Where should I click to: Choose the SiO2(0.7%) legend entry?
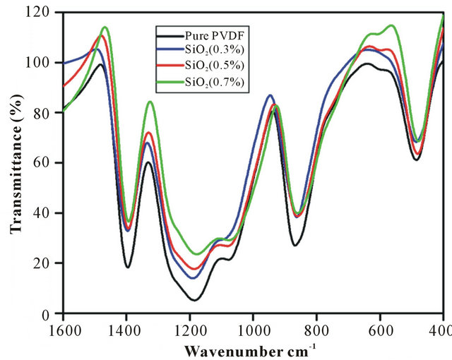(209, 82)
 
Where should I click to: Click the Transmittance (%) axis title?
(15, 162)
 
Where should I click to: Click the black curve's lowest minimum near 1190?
(194, 300)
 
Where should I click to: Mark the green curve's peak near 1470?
(105, 27)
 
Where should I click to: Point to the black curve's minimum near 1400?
(128, 267)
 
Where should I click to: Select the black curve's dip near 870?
(295, 245)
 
